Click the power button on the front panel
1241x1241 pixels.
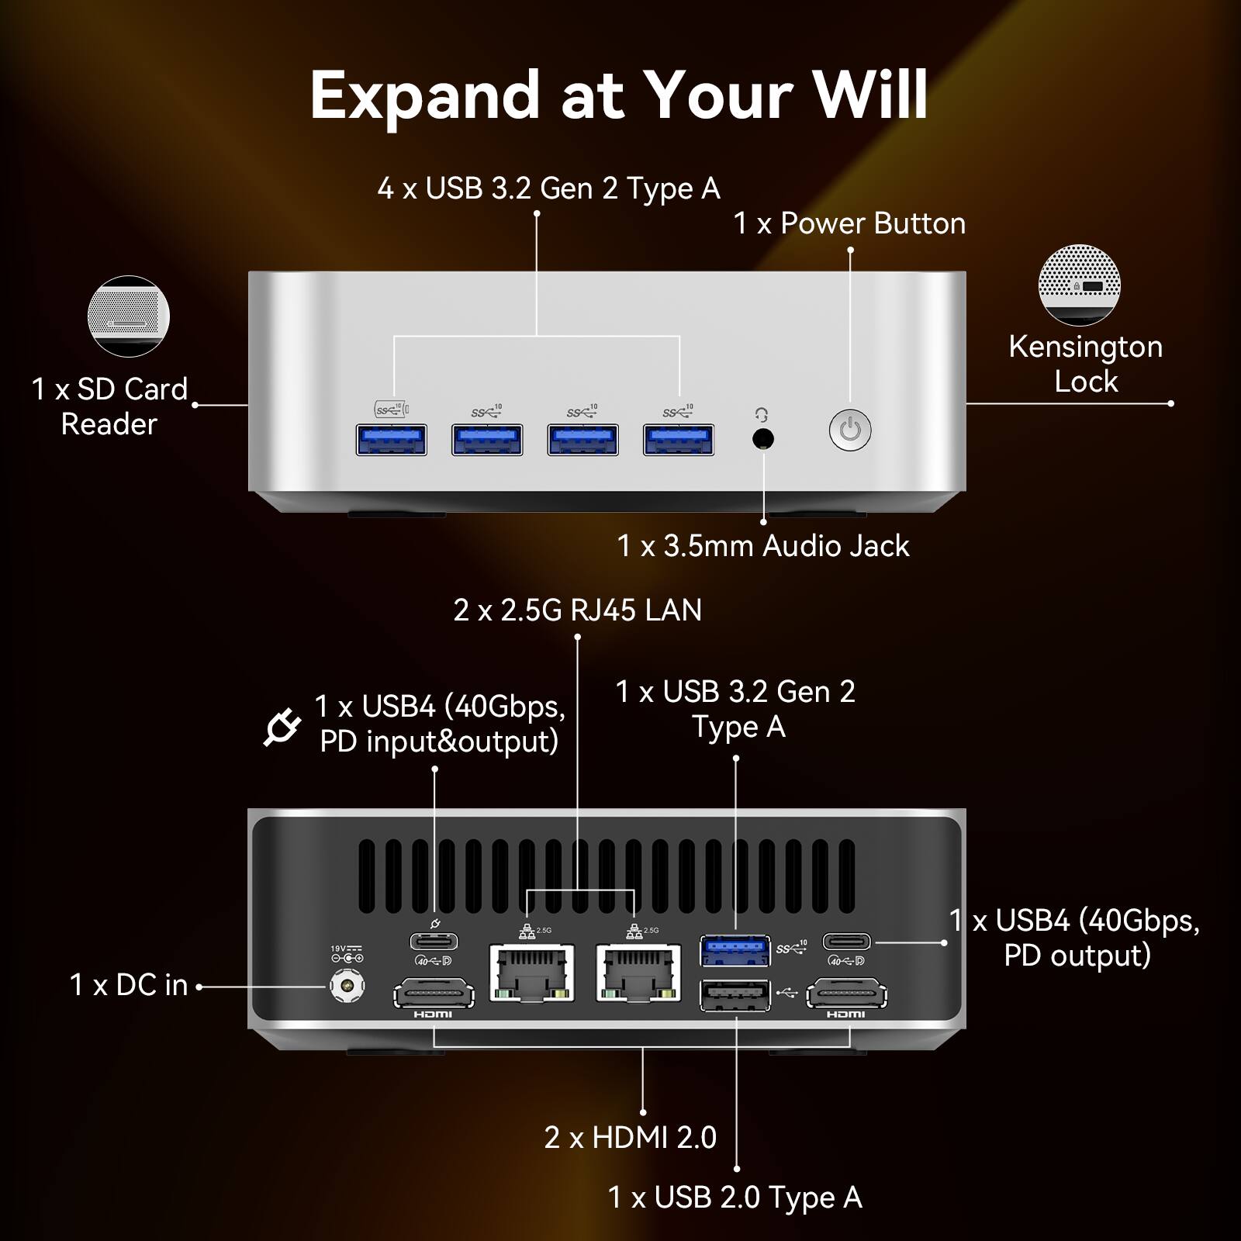tap(850, 430)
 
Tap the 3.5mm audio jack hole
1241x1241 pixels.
tap(763, 439)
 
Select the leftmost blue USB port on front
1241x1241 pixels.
tap(392, 440)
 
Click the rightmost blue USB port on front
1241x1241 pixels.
tap(679, 440)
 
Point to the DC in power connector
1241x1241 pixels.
tap(347, 987)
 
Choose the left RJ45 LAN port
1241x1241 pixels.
tap(532, 972)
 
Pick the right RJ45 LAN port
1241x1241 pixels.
tap(638, 972)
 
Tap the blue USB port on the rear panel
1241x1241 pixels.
tap(735, 951)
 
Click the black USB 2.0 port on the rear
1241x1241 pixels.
tap(735, 995)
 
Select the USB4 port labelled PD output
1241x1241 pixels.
tap(846, 942)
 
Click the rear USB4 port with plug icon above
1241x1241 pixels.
tap(434, 942)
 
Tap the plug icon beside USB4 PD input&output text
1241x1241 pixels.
tap(282, 727)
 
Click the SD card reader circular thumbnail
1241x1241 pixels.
tap(129, 316)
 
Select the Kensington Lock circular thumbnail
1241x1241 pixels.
tap(1080, 285)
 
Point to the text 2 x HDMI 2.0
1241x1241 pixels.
tap(630, 1138)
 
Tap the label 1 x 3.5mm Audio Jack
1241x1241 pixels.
tap(762, 546)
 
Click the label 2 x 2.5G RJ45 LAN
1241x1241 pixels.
tap(577, 610)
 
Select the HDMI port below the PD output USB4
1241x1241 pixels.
tap(846, 995)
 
